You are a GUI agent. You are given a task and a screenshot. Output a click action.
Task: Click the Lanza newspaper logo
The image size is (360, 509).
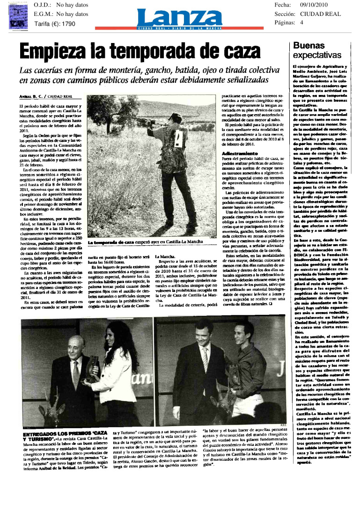coord(179,18)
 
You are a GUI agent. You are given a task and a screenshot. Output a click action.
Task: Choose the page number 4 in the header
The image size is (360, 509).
coord(301,22)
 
